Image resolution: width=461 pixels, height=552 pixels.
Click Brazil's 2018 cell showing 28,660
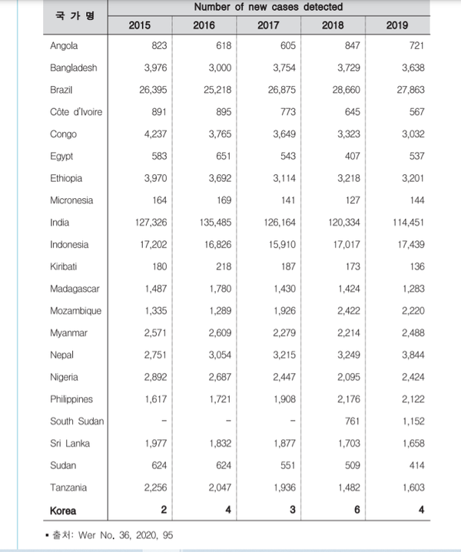[x=349, y=90]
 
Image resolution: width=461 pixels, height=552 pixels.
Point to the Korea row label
[x=65, y=510]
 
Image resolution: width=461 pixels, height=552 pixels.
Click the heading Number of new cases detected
[x=268, y=7]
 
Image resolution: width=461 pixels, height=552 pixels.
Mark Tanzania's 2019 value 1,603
[x=413, y=488]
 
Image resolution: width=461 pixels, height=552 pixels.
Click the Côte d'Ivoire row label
[x=76, y=112]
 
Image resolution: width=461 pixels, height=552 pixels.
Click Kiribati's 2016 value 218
[x=222, y=267]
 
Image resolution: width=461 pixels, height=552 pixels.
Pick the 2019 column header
[x=397, y=25]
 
